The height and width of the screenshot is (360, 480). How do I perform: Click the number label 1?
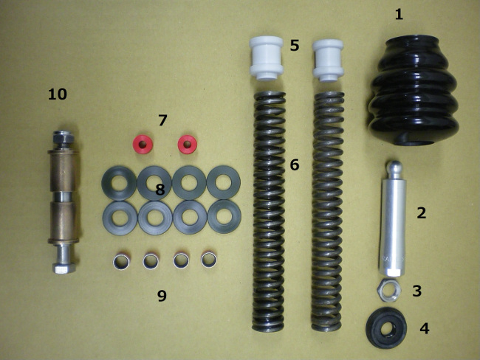coord(399,14)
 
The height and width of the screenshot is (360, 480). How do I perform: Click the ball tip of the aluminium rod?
coord(393,167)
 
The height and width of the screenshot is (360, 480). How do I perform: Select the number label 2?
coord(422,213)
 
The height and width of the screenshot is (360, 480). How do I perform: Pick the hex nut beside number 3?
coord(387,290)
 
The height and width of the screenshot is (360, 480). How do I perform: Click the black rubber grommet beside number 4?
coord(386,328)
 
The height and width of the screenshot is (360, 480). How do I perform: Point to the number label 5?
coord(295,45)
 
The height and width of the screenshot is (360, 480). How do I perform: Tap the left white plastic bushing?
coord(266,58)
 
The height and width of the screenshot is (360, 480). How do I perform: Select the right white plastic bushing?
coord(328,60)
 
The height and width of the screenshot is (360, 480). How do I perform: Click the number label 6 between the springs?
coord(295,165)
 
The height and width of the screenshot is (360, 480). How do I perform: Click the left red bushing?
coord(143,144)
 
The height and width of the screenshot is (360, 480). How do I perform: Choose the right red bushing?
coord(188,144)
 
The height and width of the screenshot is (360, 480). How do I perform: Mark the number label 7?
coord(162,120)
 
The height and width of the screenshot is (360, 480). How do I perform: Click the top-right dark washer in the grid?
coord(224,183)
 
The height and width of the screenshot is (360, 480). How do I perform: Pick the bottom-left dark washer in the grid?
coord(120,218)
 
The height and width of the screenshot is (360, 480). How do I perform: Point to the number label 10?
coord(58,94)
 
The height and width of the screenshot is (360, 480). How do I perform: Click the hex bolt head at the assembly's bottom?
coord(64,268)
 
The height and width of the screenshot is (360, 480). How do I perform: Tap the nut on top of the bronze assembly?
coord(63,138)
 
